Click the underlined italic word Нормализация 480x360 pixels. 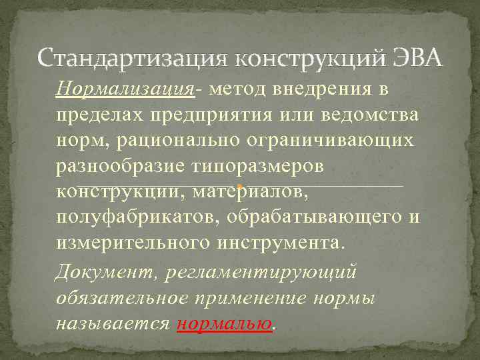point(126,90)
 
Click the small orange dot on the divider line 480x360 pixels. point(239,185)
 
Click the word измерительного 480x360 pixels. point(133,242)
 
